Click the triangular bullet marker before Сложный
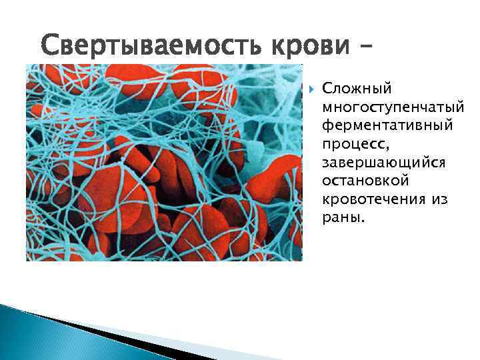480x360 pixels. tap(310, 88)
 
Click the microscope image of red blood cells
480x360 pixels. tap(163, 163)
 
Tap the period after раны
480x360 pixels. tap(363, 222)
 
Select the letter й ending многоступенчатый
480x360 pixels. tap(461, 106)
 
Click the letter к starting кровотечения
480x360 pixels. tap(325, 200)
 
